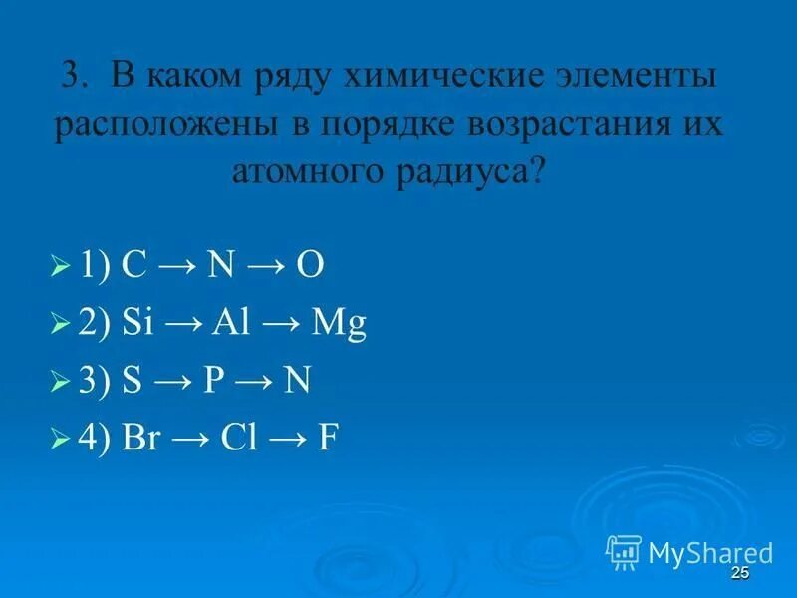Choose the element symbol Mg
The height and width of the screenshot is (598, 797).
[339, 325]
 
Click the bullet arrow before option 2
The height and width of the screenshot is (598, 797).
[59, 325]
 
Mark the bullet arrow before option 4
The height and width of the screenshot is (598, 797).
[59, 439]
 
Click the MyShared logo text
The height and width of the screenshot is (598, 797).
[709, 553]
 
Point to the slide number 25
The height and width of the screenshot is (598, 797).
[739, 572]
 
